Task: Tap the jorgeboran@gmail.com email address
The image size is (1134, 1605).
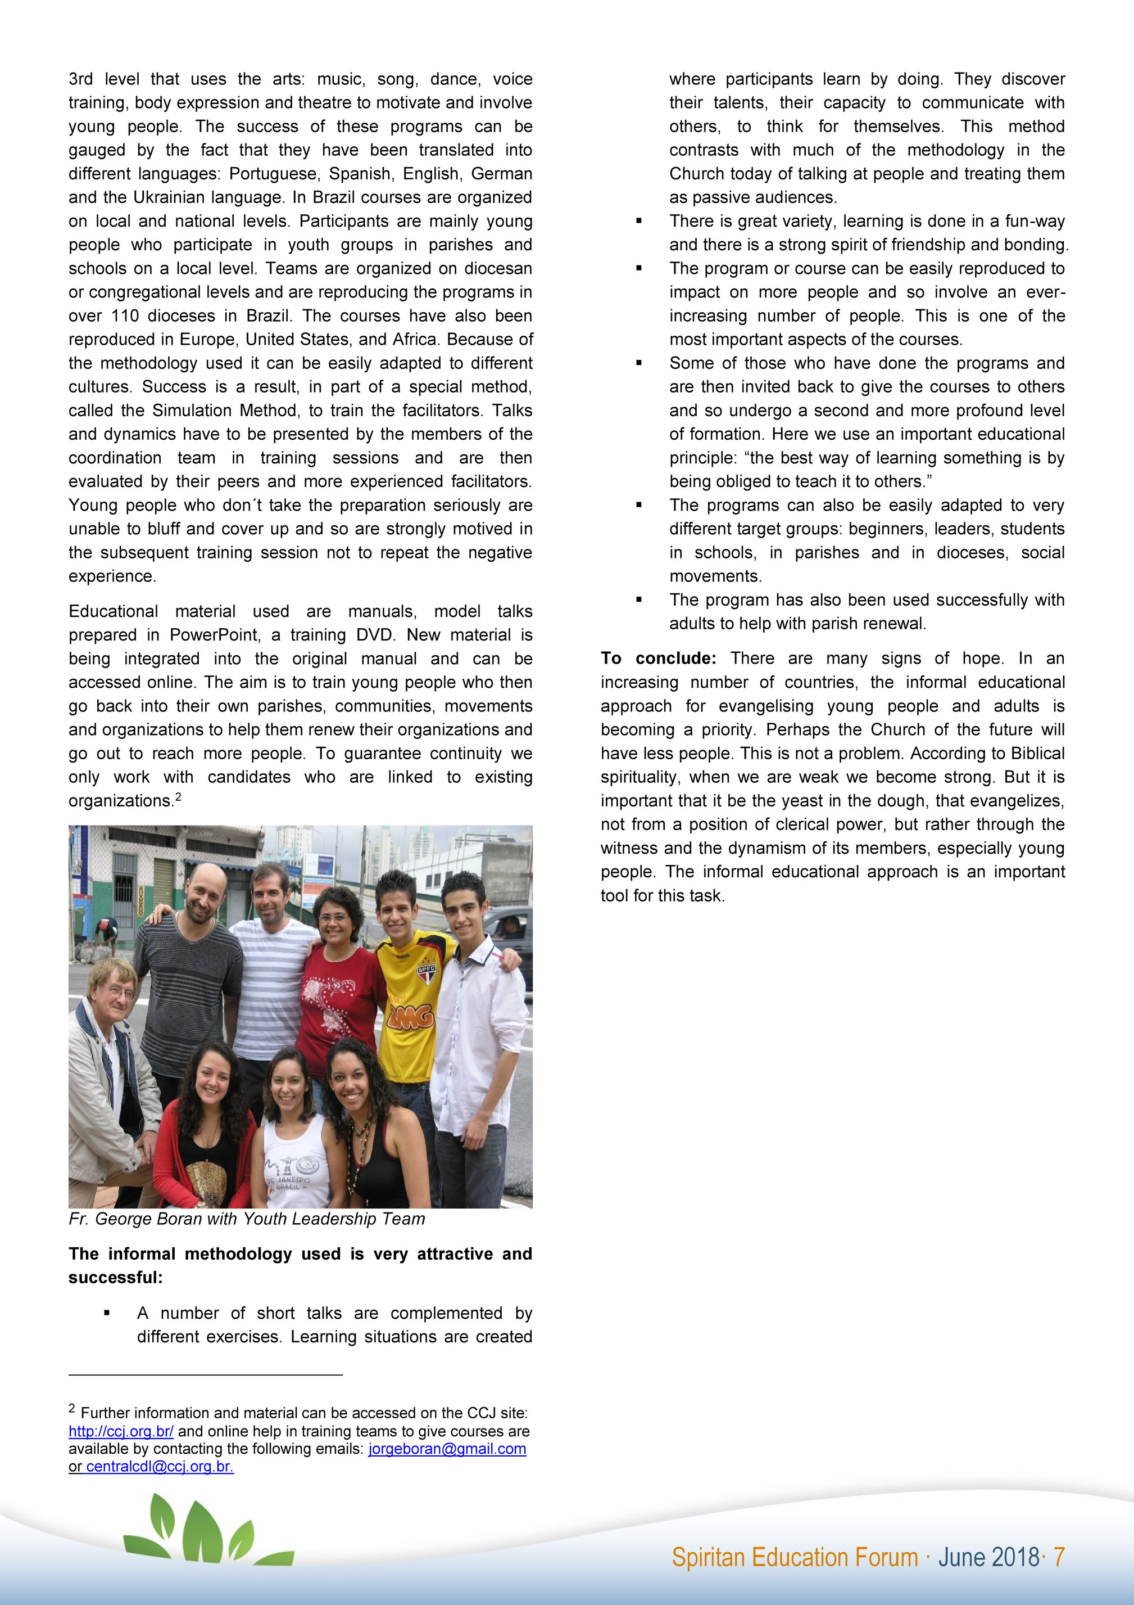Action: [x=447, y=1449]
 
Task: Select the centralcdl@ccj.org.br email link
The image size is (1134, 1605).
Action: [x=159, y=1466]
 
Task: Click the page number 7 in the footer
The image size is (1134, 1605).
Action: [x=1059, y=1557]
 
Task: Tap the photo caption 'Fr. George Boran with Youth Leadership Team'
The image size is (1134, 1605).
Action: [x=247, y=1219]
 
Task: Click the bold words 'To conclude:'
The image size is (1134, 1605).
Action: [x=658, y=659]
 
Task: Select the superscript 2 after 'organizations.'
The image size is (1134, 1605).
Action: [x=178, y=796]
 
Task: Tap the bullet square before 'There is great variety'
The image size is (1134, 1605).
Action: [x=638, y=222]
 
